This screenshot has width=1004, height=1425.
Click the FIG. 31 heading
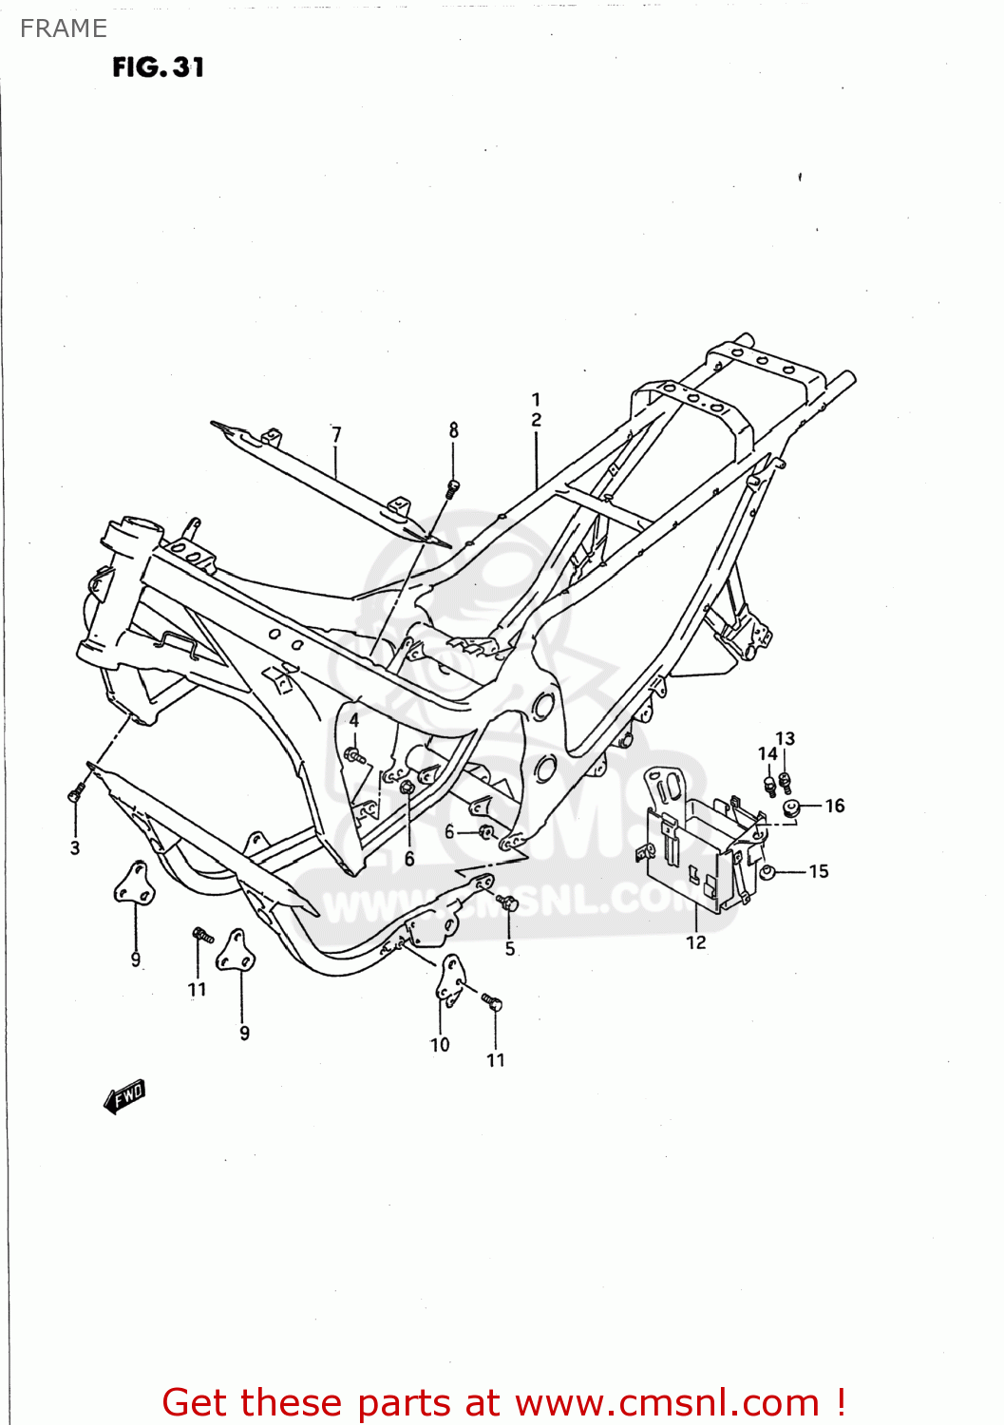[158, 67]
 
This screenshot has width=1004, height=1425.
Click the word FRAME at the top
[64, 28]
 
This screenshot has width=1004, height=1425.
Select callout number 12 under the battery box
[696, 942]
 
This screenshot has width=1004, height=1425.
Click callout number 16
[835, 806]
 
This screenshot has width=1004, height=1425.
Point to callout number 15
[819, 871]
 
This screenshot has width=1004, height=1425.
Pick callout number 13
[786, 739]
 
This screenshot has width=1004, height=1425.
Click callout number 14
[767, 754]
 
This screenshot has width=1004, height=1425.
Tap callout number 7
[336, 434]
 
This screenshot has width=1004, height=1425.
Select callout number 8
[454, 429]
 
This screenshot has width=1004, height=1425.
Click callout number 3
[75, 848]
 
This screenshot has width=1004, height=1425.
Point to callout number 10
[440, 1045]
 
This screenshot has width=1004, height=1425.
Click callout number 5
[510, 948]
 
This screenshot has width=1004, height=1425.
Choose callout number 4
[354, 720]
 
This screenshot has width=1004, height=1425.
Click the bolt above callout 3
[76, 791]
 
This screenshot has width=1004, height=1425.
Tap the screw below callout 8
[453, 488]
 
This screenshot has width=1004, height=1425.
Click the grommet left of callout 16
[790, 808]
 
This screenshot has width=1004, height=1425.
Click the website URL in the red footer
[667, 1402]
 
